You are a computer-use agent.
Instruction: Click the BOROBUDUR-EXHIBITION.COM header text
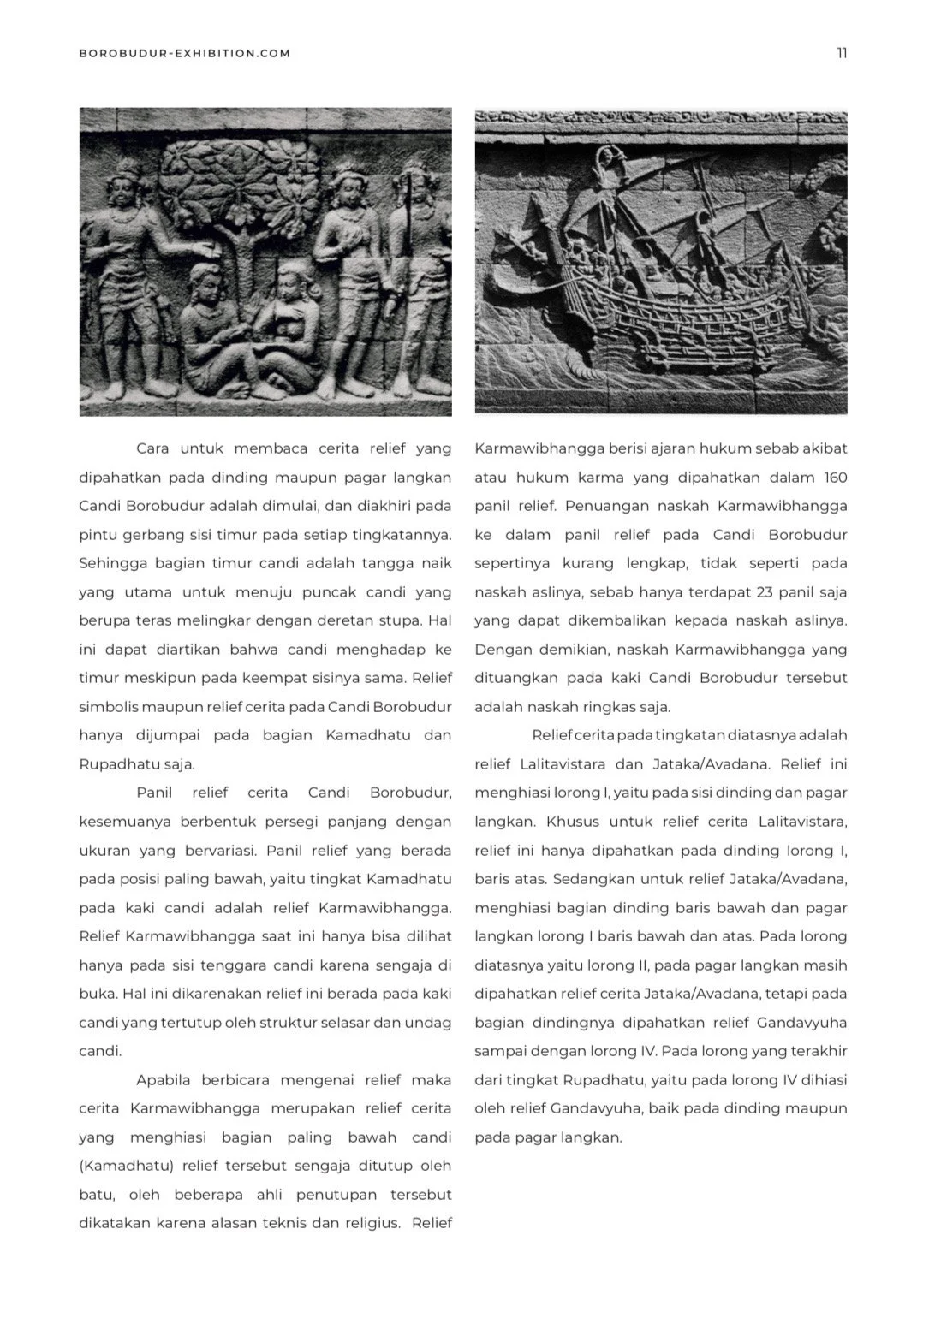[x=184, y=53]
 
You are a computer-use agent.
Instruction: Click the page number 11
[x=842, y=53]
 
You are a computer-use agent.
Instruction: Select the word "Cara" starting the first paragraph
[x=152, y=448]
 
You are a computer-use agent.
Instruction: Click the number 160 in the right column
[x=835, y=478]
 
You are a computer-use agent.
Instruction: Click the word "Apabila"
[x=163, y=1080]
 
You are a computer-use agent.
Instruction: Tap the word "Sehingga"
[x=110, y=563]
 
